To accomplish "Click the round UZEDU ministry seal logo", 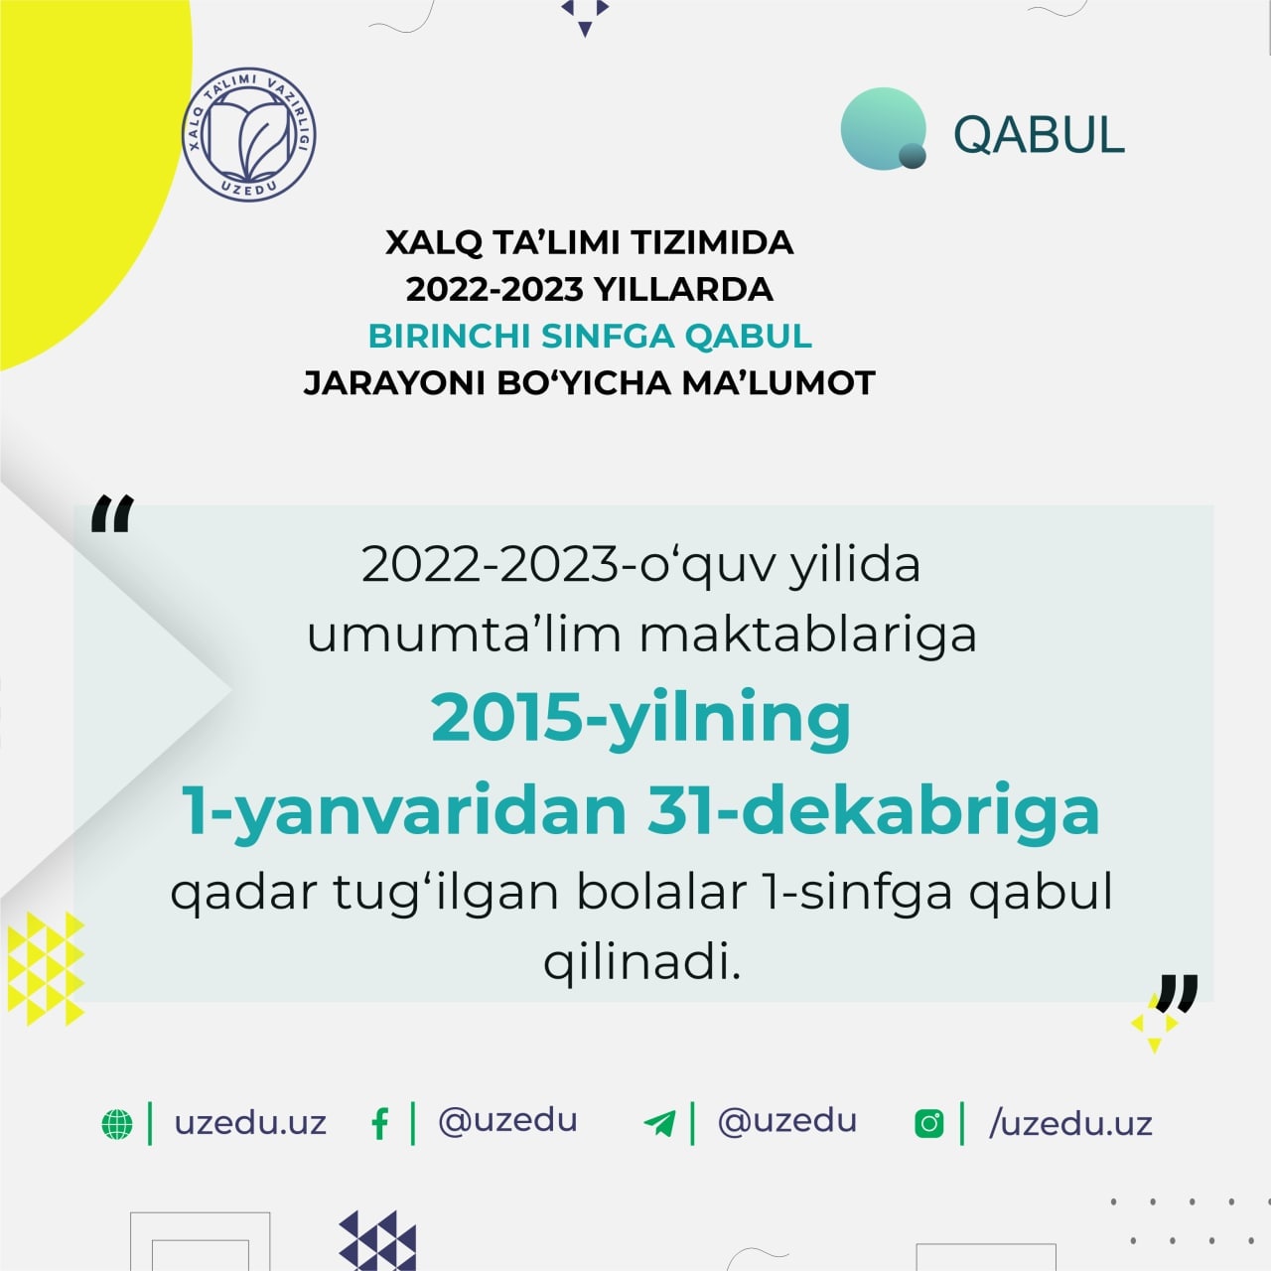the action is (248, 134).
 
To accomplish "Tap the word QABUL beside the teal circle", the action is (1039, 135).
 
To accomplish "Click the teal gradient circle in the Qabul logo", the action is (884, 129).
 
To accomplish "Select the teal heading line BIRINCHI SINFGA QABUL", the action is (590, 336).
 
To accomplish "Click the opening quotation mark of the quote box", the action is (112, 513).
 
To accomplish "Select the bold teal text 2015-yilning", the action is (640, 720).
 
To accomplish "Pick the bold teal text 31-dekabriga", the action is (873, 813).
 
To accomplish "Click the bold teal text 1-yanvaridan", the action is (404, 813).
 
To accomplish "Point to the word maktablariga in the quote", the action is (808, 635).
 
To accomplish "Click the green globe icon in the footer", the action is (117, 1124).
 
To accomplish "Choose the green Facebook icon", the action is (380, 1124).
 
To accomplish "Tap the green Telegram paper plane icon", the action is (659, 1124).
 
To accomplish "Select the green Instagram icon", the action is (929, 1124).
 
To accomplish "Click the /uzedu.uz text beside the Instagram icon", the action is (1070, 1124).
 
